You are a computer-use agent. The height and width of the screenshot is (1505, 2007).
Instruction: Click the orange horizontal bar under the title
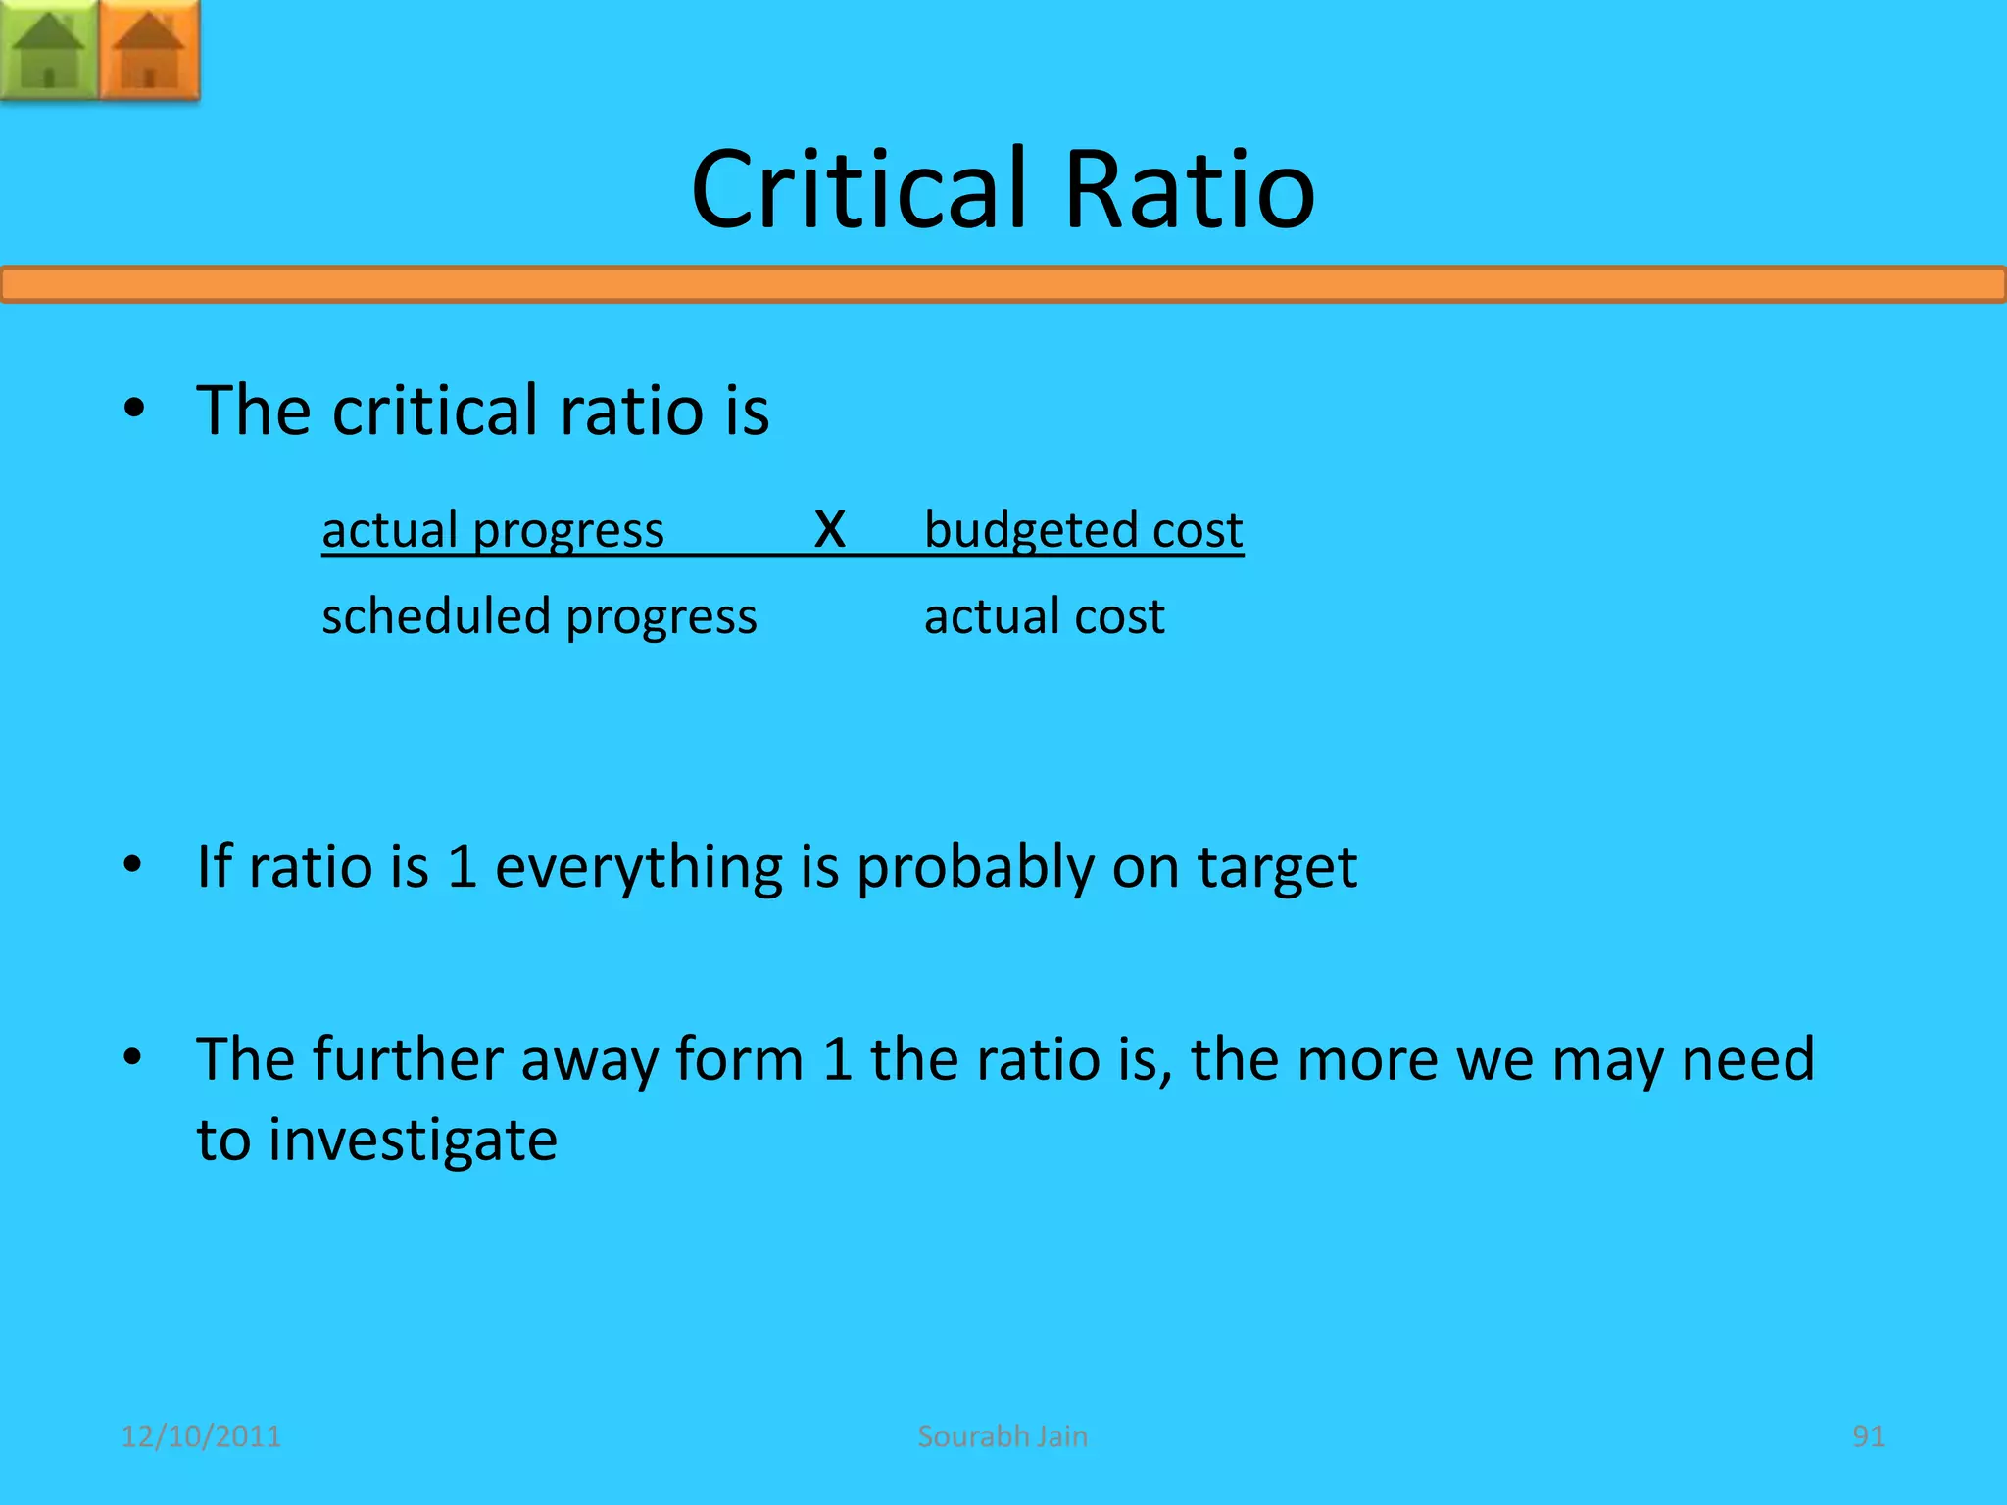[1003, 284]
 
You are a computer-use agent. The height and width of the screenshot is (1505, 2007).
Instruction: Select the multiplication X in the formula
[829, 529]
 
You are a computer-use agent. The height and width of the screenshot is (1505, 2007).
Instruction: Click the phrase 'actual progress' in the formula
[493, 530]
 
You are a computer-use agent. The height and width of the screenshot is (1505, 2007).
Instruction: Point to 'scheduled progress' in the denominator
[539, 616]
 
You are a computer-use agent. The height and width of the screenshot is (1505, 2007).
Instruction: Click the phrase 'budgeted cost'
[1084, 530]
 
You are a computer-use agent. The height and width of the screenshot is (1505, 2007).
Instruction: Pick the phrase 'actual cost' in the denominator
[1045, 616]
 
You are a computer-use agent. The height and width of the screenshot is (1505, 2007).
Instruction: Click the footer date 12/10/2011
[201, 1436]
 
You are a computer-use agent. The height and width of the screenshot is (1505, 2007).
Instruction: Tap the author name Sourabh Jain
[1003, 1436]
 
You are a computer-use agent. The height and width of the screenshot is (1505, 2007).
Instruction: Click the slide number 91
[1868, 1436]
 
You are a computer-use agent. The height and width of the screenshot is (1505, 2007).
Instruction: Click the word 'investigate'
[413, 1141]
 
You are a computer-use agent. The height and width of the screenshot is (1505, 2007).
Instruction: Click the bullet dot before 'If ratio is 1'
[134, 865]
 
